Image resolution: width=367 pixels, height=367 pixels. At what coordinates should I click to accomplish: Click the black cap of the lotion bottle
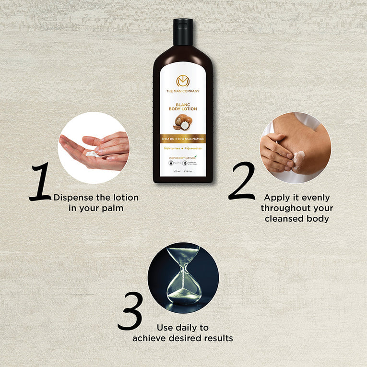point(183,32)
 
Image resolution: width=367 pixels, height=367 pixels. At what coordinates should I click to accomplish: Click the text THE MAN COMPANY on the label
point(183,91)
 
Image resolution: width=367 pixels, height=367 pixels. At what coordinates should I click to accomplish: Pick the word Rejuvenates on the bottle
point(194,149)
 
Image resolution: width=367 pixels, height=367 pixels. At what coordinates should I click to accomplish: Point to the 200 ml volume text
point(176,171)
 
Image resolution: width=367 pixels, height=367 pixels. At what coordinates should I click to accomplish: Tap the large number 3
point(130,312)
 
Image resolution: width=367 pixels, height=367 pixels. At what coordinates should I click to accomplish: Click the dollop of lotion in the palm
point(91,153)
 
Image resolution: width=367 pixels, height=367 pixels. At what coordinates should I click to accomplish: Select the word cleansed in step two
point(282,219)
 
